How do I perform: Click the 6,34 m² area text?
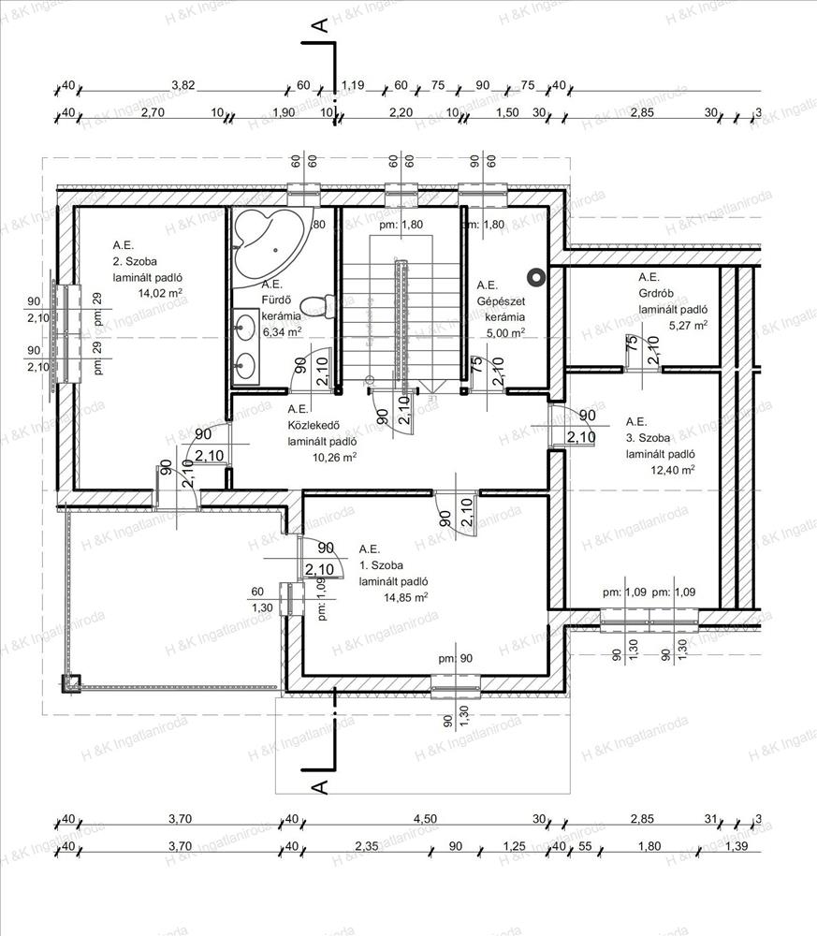coord(282,331)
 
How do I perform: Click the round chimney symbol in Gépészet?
coord(536,276)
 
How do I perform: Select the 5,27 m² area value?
coord(688,326)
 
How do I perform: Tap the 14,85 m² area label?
coord(407,596)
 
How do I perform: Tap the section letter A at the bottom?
coord(319,784)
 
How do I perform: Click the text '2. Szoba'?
coord(137,261)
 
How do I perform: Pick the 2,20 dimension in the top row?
coord(400,112)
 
